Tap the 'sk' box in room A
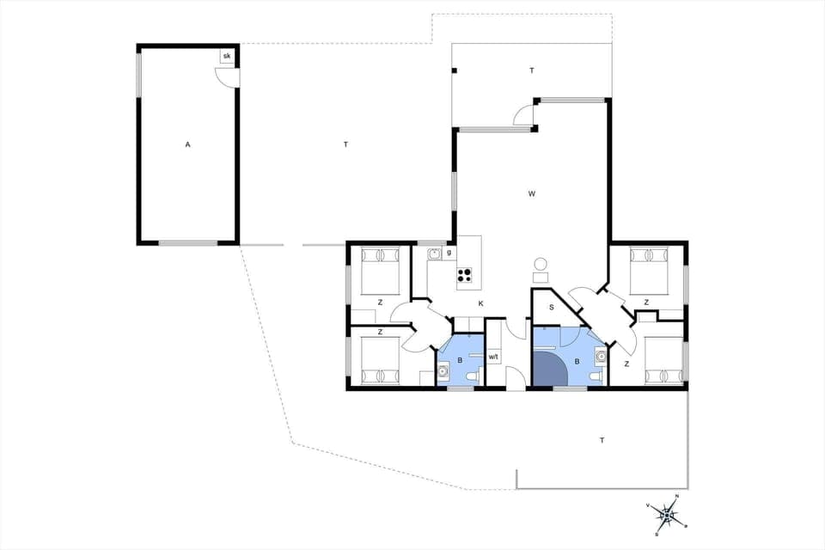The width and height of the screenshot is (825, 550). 227,56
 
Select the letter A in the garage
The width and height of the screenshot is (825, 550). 187,144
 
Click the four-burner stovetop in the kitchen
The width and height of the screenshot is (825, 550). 465,275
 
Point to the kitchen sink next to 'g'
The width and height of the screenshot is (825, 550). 435,254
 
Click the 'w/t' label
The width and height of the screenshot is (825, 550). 493,357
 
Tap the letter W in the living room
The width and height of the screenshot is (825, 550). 532,194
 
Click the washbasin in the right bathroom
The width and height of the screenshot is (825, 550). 602,355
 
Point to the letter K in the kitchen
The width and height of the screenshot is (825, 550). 481,303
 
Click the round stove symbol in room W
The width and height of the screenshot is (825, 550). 541,264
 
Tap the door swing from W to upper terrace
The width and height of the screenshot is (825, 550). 523,115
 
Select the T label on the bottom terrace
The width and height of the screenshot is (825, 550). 602,440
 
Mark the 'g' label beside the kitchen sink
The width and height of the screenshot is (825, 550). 449,252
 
